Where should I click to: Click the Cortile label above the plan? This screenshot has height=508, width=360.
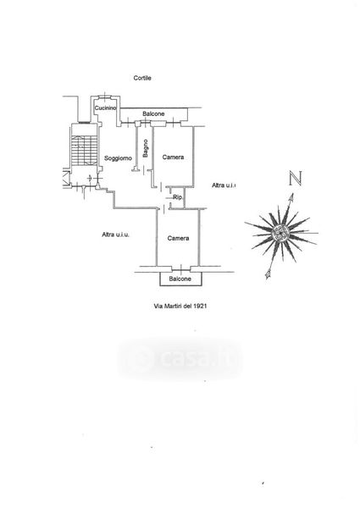tap(142, 78)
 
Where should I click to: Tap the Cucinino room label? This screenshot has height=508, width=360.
tap(105, 108)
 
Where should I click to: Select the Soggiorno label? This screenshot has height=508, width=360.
tap(118, 158)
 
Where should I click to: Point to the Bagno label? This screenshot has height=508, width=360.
tap(146, 148)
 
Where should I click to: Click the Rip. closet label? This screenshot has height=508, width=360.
tap(178, 197)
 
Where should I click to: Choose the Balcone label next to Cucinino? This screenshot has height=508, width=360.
tap(153, 113)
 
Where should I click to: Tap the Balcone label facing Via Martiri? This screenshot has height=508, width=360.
tap(180, 279)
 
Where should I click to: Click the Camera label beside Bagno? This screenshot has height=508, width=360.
tap(173, 157)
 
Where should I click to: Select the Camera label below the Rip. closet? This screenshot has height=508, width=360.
tap(178, 238)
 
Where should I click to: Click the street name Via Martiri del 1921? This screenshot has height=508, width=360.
tap(180, 306)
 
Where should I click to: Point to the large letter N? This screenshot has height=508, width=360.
tap(296, 178)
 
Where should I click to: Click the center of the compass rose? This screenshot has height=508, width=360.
tap(279, 232)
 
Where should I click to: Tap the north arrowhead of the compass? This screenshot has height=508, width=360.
tap(291, 196)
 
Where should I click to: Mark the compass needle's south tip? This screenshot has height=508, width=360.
tap(268, 275)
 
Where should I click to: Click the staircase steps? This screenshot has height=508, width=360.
tap(84, 150)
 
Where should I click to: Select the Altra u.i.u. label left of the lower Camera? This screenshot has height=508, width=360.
tap(115, 235)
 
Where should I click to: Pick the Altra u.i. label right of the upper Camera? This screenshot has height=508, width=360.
tap(224, 185)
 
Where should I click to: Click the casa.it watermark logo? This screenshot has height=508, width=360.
tap(180, 358)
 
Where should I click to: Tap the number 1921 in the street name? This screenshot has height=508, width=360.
tap(200, 306)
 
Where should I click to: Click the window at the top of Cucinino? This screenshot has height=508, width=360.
tap(104, 96)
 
